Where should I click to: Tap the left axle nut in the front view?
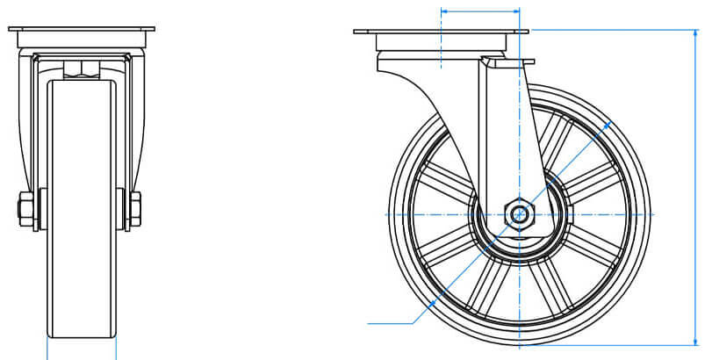click(x=25, y=209)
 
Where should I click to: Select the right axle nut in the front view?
click(x=136, y=209)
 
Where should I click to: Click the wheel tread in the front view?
click(x=81, y=211)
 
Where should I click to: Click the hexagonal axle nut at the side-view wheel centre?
click(x=520, y=213)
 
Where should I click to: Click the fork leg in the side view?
click(x=500, y=132)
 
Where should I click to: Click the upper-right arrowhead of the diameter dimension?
click(x=609, y=122)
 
